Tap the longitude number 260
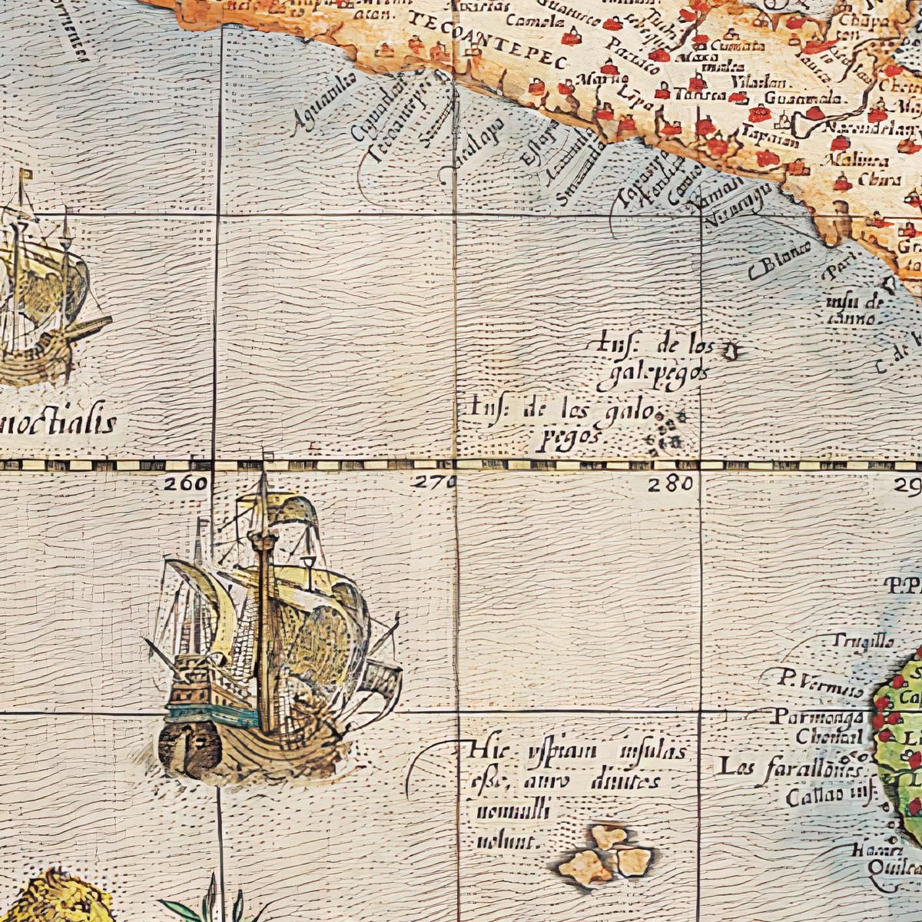tap(185, 483)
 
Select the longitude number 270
tap(433, 483)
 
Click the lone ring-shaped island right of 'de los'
tap(731, 352)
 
